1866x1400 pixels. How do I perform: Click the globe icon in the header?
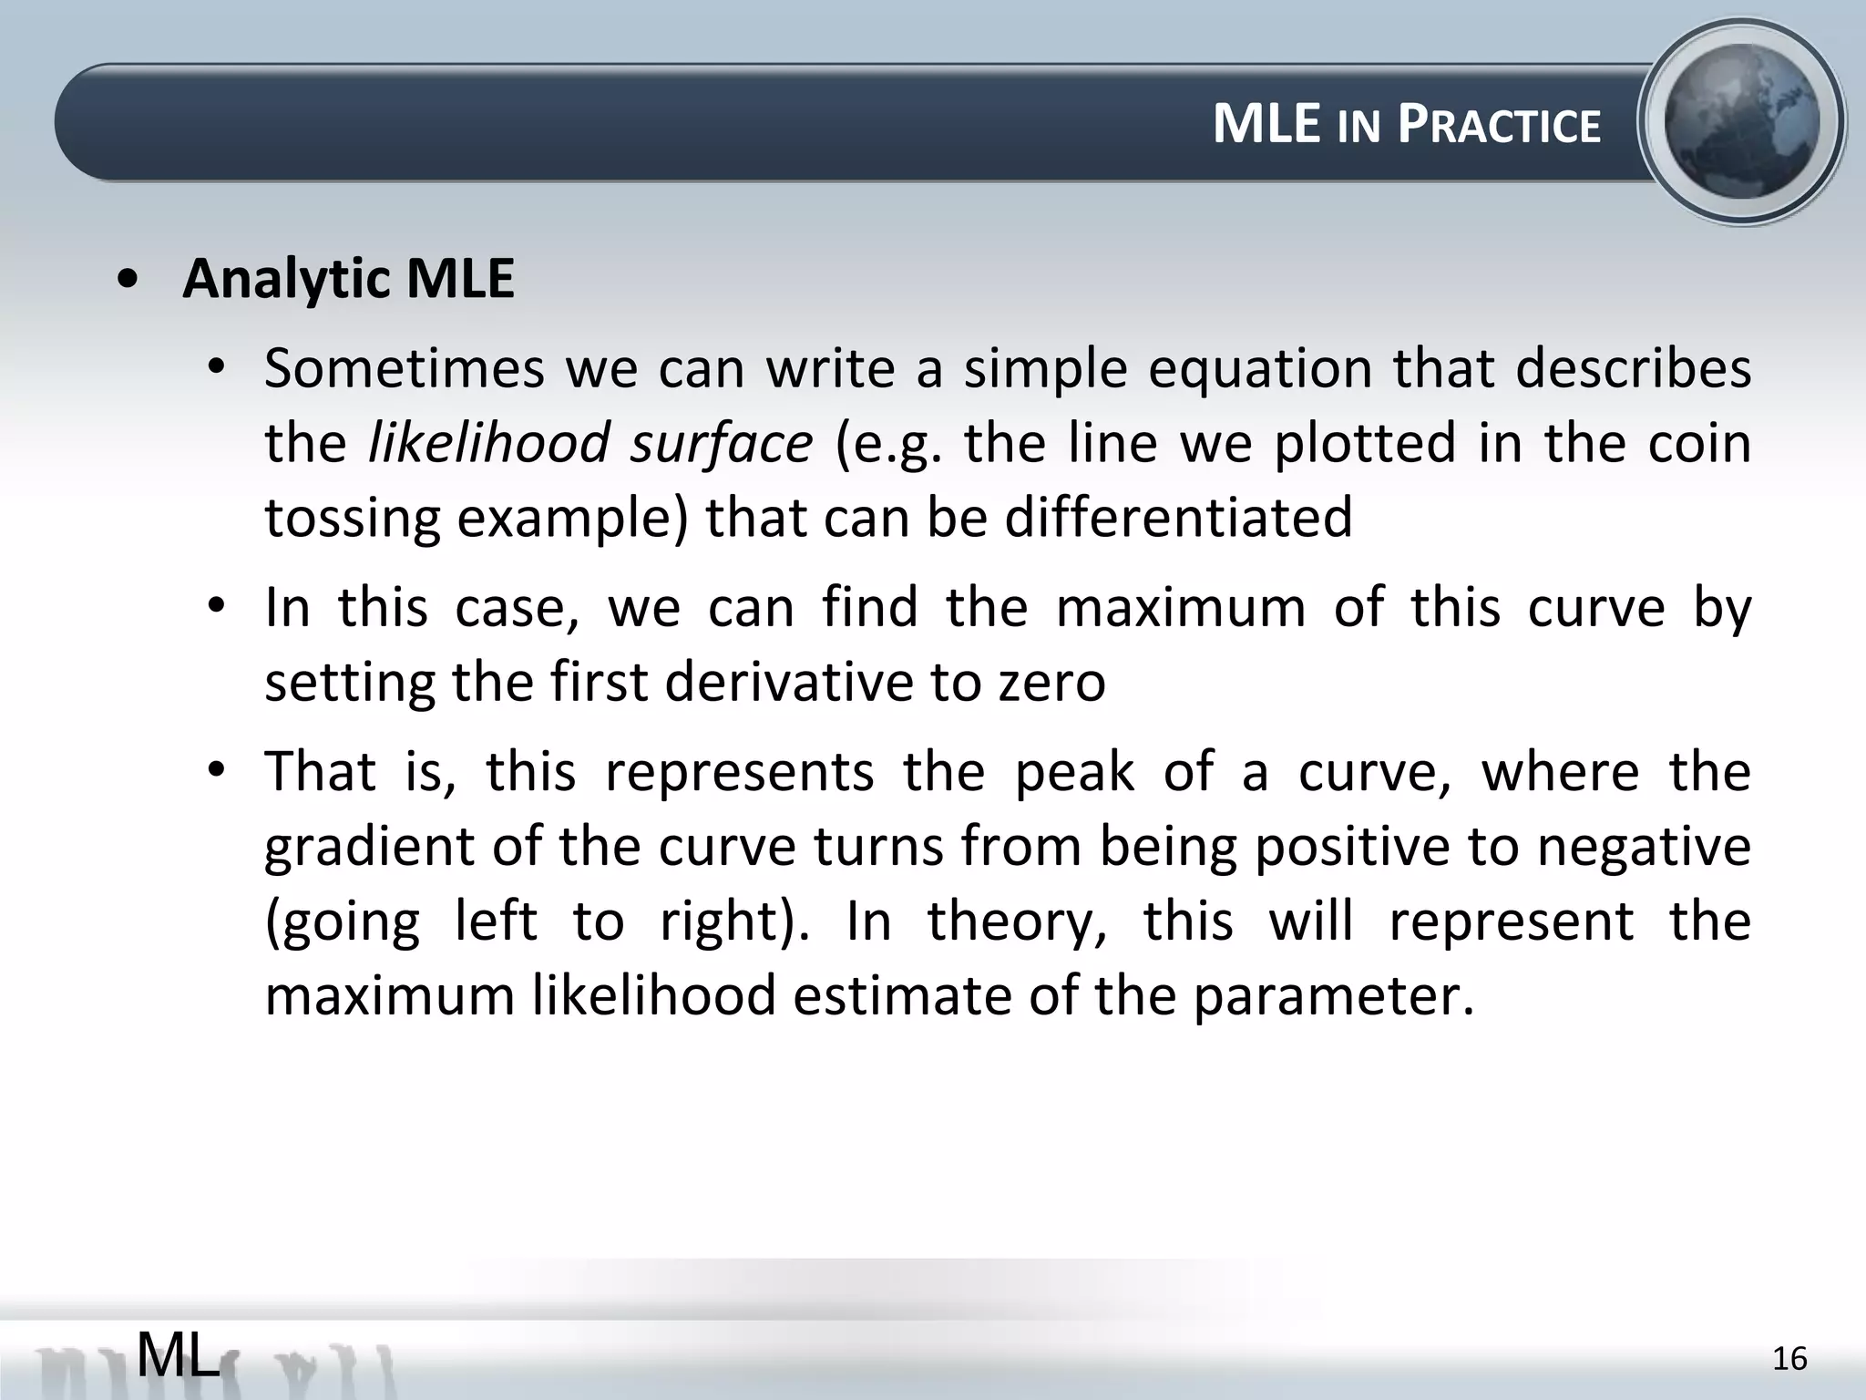(x=1741, y=122)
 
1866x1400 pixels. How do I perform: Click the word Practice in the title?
(x=1499, y=125)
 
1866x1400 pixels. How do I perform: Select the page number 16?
(x=1789, y=1359)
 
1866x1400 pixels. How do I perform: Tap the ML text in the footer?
(x=179, y=1355)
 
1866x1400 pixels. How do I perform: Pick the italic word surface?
(x=722, y=443)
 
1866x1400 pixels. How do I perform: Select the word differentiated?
(x=1179, y=517)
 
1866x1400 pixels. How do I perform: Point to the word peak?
(x=1075, y=772)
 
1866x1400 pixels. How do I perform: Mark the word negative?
(x=1644, y=847)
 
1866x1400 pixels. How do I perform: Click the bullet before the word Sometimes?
(x=215, y=368)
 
